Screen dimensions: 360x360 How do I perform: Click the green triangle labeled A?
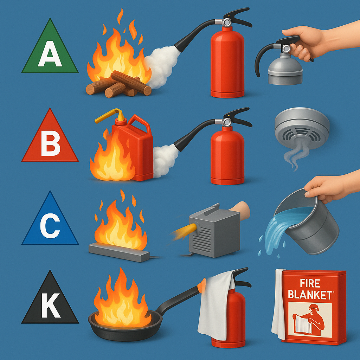click(x=50, y=51)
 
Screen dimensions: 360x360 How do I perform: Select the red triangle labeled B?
click(x=50, y=140)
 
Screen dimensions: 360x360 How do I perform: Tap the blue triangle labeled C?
click(x=50, y=223)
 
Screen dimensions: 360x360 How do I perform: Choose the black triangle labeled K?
click(x=50, y=303)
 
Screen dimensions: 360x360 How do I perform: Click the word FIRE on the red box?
click(x=310, y=283)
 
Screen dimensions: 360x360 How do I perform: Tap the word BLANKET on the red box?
click(x=310, y=295)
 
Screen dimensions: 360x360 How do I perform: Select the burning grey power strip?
click(x=119, y=252)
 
